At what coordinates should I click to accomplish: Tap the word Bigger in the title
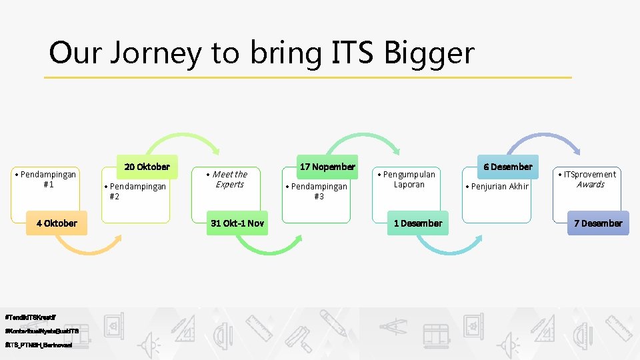429,53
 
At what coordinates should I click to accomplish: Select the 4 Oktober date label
57,223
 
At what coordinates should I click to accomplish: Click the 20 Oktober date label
147,167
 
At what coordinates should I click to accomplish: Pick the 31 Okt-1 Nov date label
237,223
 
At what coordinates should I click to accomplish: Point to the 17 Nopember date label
327,167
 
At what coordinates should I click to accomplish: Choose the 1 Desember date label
418,223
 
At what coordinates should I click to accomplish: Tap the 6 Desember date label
508,167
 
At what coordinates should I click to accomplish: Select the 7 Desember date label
598,223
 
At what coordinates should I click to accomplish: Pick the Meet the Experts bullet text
229,179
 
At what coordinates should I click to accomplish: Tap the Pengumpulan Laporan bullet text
409,179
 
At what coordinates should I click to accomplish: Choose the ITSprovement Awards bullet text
589,179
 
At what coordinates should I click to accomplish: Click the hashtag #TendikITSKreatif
30,315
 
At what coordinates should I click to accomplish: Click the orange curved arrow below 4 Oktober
87,249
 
